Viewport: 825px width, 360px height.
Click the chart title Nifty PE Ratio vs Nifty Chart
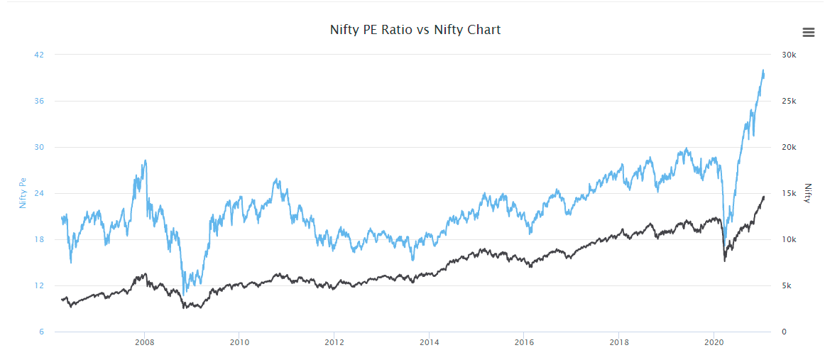tap(415, 30)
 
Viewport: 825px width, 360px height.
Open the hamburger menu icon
tap(808, 32)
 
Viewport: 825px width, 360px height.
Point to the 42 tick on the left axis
tap(39, 55)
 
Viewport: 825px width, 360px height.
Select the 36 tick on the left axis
tap(39, 101)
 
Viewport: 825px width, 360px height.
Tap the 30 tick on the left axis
tap(39, 147)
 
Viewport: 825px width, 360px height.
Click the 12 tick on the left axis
tap(39, 285)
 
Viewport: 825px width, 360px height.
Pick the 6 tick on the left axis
tap(40, 332)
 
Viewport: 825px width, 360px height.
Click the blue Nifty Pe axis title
tap(23, 193)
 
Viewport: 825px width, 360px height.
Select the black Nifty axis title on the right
tap(807, 193)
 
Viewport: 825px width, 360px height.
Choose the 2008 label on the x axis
tap(145, 342)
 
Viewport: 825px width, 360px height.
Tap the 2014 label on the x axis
tap(429, 342)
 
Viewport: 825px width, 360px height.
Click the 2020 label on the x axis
tap(714, 342)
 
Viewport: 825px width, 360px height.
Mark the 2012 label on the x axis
tap(334, 342)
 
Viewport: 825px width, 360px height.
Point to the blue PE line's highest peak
tap(763, 70)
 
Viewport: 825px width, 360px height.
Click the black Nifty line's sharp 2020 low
tap(724, 261)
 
